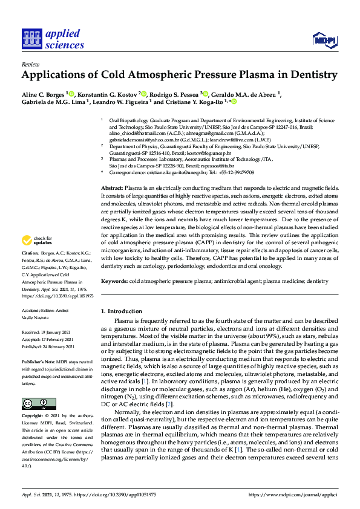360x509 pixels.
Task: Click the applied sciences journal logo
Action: coord(53,39)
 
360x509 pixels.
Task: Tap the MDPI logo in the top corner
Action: coord(324,40)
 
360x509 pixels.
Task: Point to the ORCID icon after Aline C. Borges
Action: coord(71,94)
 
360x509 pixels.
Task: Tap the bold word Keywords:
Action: coord(114,282)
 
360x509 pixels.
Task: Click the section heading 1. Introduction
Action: coord(121,311)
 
